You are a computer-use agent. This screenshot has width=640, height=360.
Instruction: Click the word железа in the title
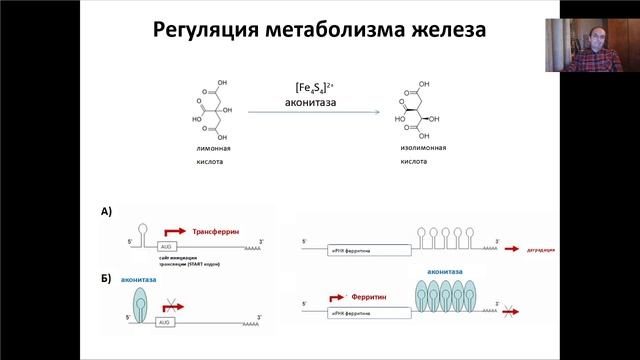[x=441, y=30]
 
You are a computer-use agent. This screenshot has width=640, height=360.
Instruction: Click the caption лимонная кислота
[x=212, y=153]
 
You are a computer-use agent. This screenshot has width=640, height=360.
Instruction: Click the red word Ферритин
[x=376, y=297]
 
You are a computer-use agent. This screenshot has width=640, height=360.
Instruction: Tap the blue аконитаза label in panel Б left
[x=139, y=282]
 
